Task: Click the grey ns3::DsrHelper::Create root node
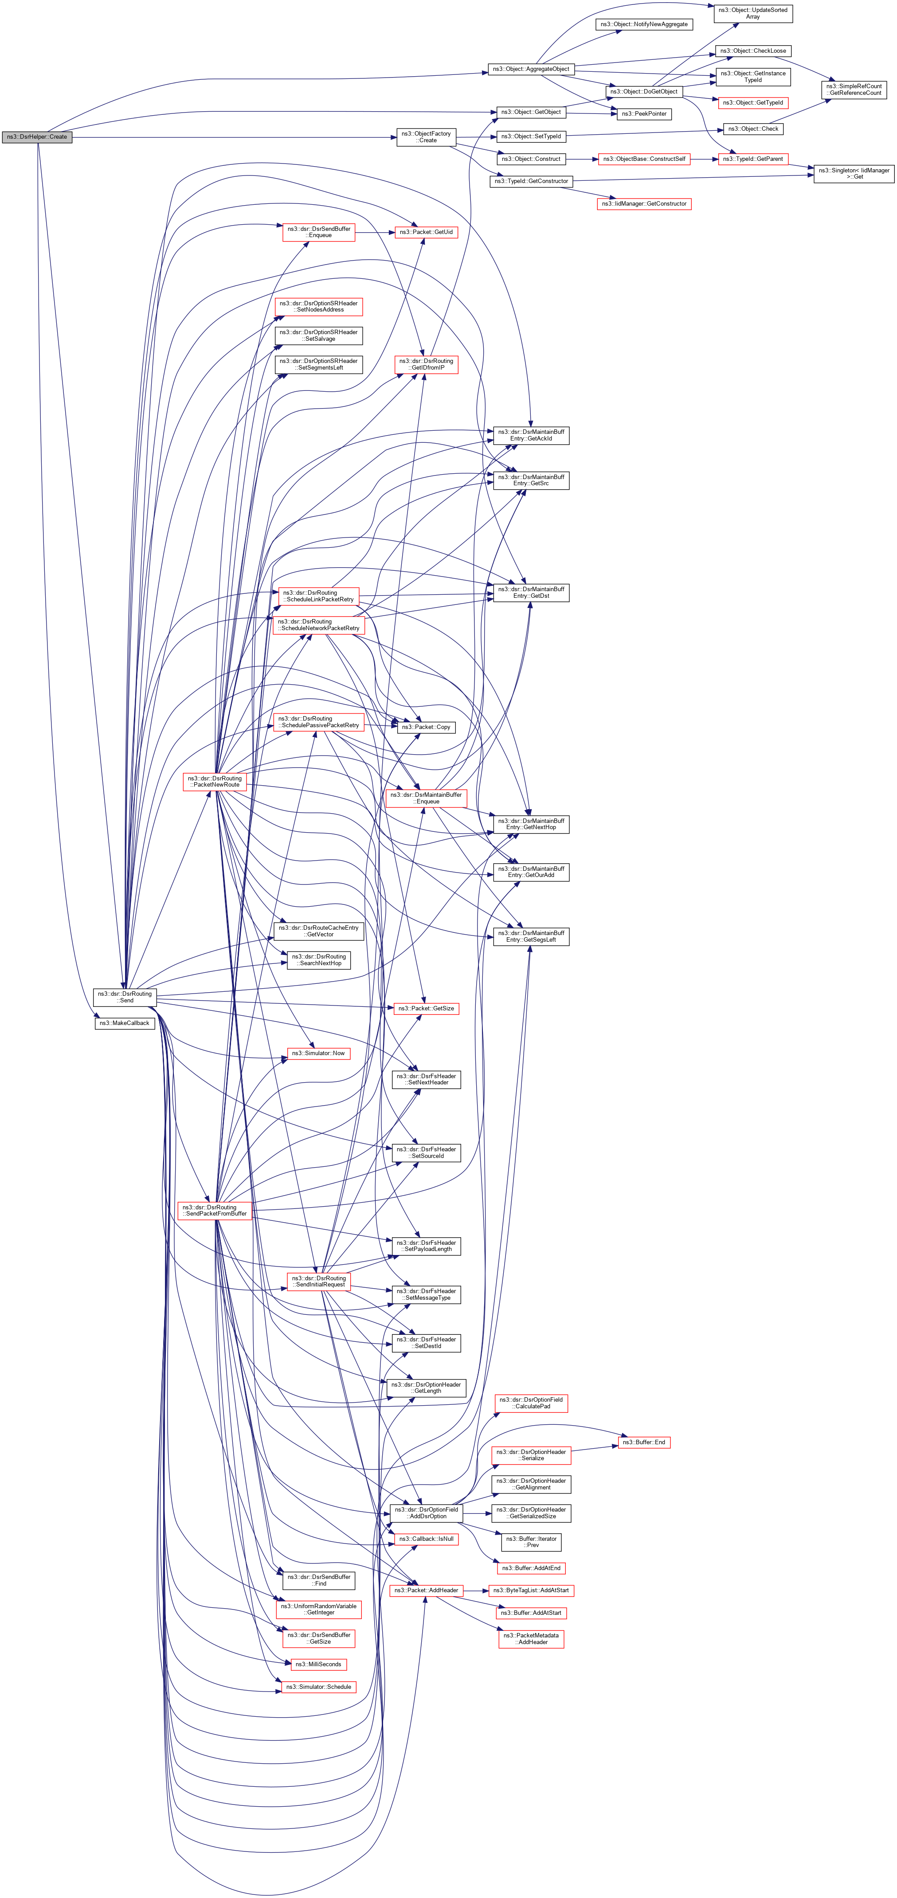point(37,137)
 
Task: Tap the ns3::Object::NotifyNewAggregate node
point(643,24)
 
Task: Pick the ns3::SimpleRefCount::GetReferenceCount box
point(854,90)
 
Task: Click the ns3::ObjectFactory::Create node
point(427,137)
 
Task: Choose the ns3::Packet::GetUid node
point(426,232)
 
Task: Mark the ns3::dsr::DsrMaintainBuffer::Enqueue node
point(426,798)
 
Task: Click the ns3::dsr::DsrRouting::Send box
point(125,997)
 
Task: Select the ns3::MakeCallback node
point(125,1023)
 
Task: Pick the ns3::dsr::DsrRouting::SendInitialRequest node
point(318,1281)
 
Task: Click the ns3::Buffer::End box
point(643,1442)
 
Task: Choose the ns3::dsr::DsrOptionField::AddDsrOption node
point(426,1512)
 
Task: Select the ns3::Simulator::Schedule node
point(318,1687)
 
